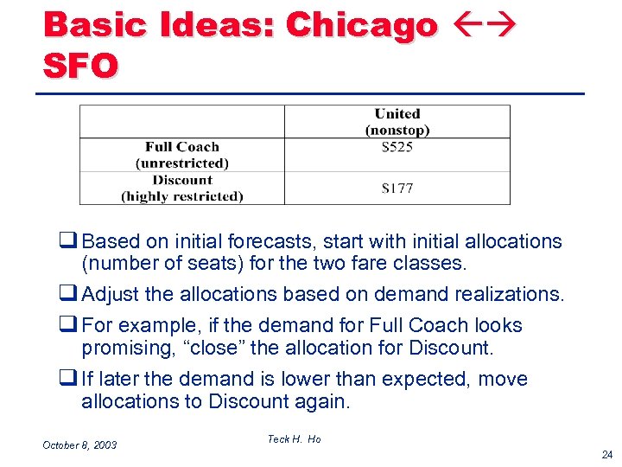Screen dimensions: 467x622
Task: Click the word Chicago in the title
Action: pyautogui.click(x=362, y=26)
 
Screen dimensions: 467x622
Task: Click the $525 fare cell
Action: pyautogui.click(x=397, y=147)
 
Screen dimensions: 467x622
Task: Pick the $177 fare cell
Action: pyautogui.click(x=397, y=189)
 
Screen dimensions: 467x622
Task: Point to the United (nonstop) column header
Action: pyautogui.click(x=397, y=122)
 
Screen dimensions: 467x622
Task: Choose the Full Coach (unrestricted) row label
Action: pyautogui.click(x=182, y=155)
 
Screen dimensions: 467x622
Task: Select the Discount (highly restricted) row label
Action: pyautogui.click(x=182, y=189)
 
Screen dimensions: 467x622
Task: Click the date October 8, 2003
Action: pyautogui.click(x=79, y=445)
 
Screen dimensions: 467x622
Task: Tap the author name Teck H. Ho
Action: pyautogui.click(x=294, y=439)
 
